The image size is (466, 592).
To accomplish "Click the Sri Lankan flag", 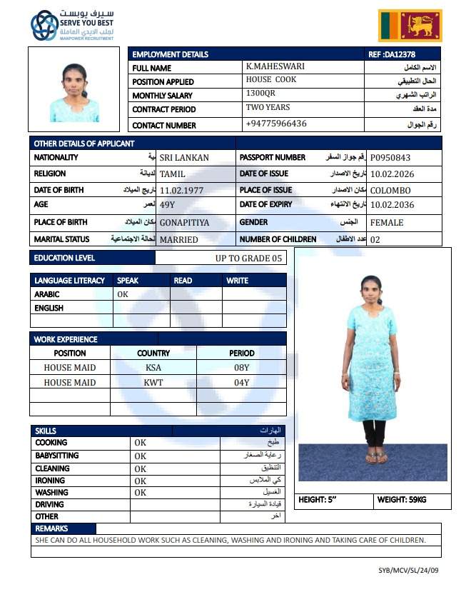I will pos(410,26).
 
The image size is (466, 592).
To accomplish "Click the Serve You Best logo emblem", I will pos(44,26).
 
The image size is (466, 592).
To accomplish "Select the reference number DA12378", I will pos(392,54).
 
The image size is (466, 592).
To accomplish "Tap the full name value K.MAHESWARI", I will pos(275,66).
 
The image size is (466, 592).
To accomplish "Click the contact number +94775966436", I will pos(276,124).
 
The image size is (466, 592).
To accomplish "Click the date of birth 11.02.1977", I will pos(181,191).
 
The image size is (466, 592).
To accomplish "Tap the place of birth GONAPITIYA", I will pos(184,223).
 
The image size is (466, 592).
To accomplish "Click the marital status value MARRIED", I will pos(178,240).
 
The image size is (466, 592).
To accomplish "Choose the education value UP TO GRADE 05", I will pos(243,258).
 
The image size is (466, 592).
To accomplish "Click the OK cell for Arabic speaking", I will pos(123,294).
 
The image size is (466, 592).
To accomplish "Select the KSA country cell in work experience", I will pos(153,367).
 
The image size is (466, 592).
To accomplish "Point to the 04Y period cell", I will pos(241,382).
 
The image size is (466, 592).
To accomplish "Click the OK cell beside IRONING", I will pos(140,481).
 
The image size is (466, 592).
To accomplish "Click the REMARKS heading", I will pos(51,528).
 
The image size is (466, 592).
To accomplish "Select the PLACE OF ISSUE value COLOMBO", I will pos(390,191).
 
